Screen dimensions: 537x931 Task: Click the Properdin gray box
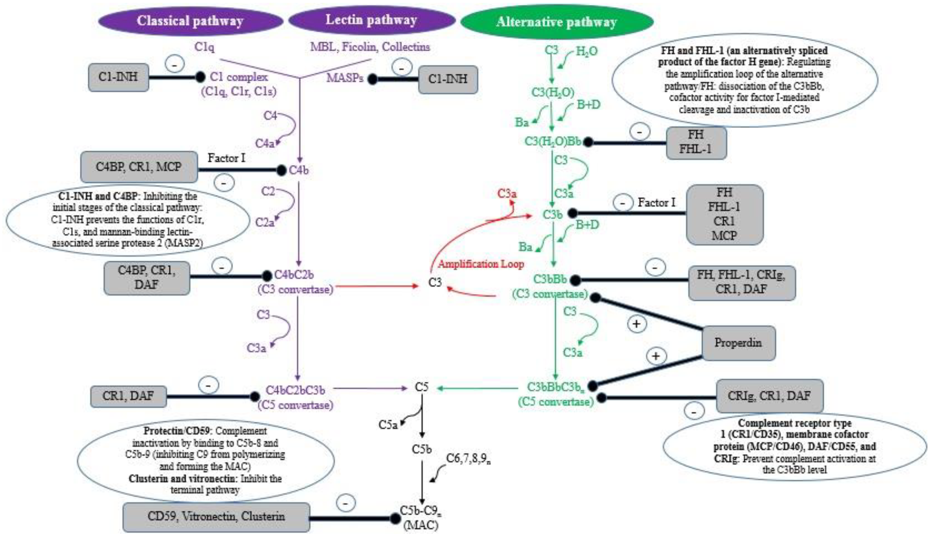(x=738, y=343)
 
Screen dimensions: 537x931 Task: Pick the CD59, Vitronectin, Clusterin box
(x=216, y=516)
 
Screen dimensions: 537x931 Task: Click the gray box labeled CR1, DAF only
(x=128, y=396)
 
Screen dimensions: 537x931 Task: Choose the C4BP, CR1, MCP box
(x=139, y=167)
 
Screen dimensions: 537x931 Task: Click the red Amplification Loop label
(x=481, y=264)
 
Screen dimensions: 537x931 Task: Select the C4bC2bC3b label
(x=295, y=390)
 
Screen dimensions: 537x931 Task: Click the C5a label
(x=388, y=425)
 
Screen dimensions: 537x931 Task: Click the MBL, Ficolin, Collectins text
(x=370, y=47)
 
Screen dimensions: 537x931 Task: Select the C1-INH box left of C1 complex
(x=118, y=77)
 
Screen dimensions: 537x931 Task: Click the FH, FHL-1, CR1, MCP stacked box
(x=724, y=214)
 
